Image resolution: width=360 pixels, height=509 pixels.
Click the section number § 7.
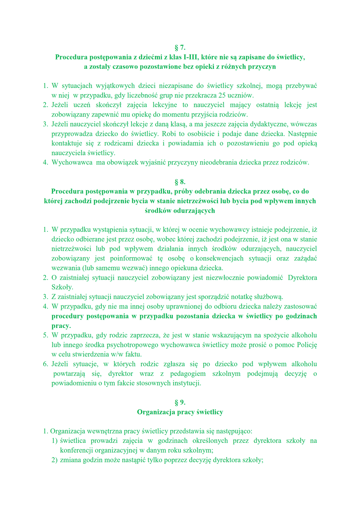pos(180,48)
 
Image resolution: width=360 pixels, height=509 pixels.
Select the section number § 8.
pos(180,182)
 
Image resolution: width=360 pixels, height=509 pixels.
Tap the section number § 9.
pos(180,402)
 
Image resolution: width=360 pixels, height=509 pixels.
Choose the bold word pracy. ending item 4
pos(61,326)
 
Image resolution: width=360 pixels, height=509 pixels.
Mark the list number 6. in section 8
pos(46,364)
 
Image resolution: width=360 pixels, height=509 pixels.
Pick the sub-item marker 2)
pos(54,460)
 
